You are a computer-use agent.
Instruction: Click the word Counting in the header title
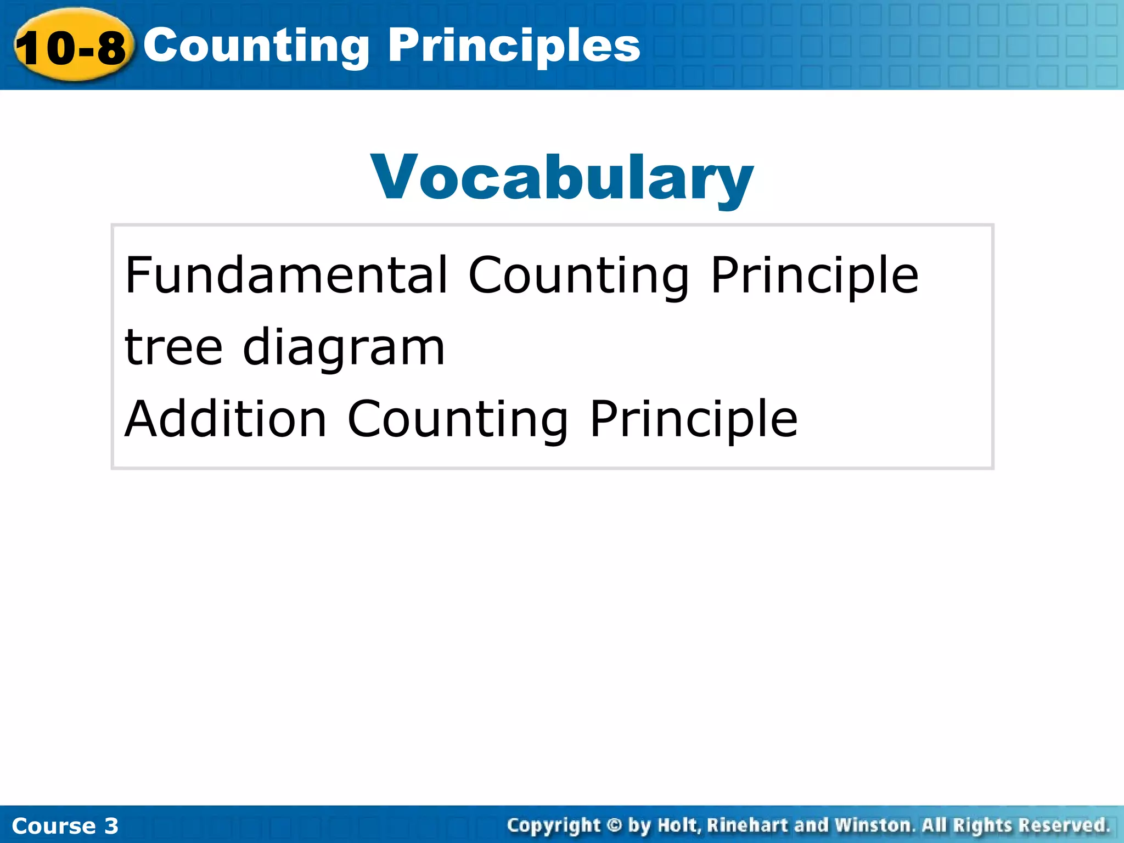[x=256, y=46]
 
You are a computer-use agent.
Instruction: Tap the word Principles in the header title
[x=514, y=46]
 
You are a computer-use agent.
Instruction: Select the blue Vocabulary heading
[x=562, y=177]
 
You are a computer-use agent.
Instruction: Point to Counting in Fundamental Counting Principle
[x=578, y=276]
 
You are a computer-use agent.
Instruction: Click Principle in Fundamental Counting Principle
[x=814, y=276]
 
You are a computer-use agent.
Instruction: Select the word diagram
[x=344, y=349]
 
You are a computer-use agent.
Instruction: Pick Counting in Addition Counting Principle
[x=458, y=420]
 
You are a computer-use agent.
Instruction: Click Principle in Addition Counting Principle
[x=694, y=420]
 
